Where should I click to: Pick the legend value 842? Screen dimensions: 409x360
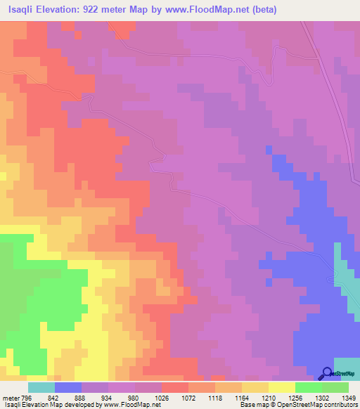pos(55,397)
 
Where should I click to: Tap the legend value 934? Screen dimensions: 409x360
pos(108,397)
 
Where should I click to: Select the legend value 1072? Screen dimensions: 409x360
pos(188,397)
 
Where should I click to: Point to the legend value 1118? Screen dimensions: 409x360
pos(215,397)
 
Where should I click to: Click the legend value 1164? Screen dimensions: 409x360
pos(242,397)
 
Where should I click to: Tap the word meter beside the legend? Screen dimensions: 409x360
pos(11,397)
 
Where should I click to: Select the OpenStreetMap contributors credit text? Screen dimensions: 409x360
pos(317,405)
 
